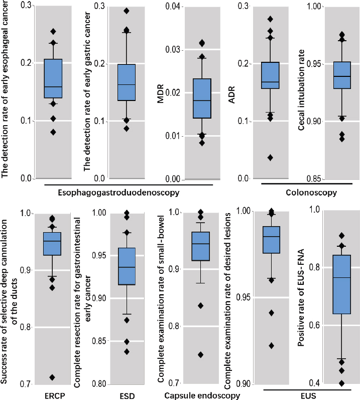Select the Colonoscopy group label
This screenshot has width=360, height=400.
pyautogui.click(x=304, y=192)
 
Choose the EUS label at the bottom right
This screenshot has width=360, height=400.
pyautogui.click(x=305, y=395)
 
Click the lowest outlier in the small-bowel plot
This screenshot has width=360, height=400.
pyautogui.click(x=201, y=355)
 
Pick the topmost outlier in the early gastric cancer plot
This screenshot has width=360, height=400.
pyautogui.click(x=127, y=11)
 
